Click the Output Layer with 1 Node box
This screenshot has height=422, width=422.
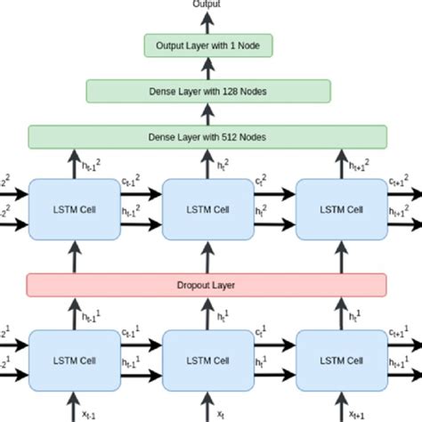207,45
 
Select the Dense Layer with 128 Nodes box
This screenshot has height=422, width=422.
207,91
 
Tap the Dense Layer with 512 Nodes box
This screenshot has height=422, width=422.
207,136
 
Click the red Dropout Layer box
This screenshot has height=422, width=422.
207,286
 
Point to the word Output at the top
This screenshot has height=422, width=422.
207,4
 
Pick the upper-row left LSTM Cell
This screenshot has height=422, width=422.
73,210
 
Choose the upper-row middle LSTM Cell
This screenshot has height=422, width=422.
207,210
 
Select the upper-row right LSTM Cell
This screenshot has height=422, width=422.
342,210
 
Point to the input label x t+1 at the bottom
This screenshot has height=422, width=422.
357,414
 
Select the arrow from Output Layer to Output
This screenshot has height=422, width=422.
207,22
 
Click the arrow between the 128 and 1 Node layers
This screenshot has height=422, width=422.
207,68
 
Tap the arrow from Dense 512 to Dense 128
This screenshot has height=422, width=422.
207,113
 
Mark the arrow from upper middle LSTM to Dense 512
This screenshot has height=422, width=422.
207,163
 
